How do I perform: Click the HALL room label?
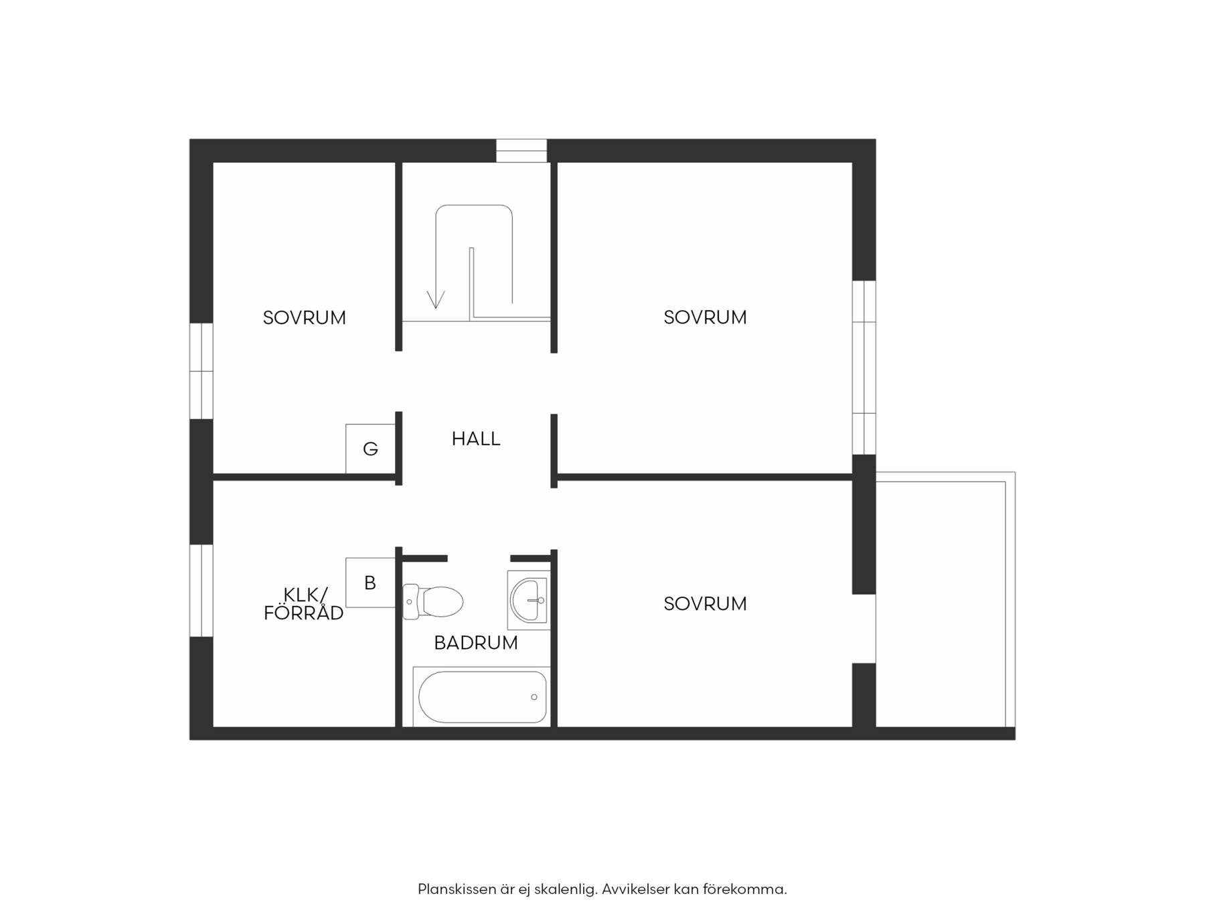pos(476,439)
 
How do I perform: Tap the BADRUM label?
pos(476,643)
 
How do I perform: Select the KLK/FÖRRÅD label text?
pos(304,603)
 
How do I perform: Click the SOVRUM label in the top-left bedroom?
pos(304,317)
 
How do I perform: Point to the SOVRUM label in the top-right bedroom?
pos(705,317)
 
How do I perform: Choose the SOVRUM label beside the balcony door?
pos(705,603)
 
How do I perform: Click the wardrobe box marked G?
pos(370,449)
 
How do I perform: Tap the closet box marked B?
pos(370,583)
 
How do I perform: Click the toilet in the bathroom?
pos(432,601)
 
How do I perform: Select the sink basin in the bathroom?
pos(529,600)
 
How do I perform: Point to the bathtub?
pos(482,696)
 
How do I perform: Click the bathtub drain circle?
pos(534,697)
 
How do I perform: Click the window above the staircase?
pos(521,151)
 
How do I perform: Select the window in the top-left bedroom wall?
pos(202,371)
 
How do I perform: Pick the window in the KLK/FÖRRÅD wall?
pos(202,591)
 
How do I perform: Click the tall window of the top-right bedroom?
pos(864,368)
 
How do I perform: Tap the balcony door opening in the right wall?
pos(864,628)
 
